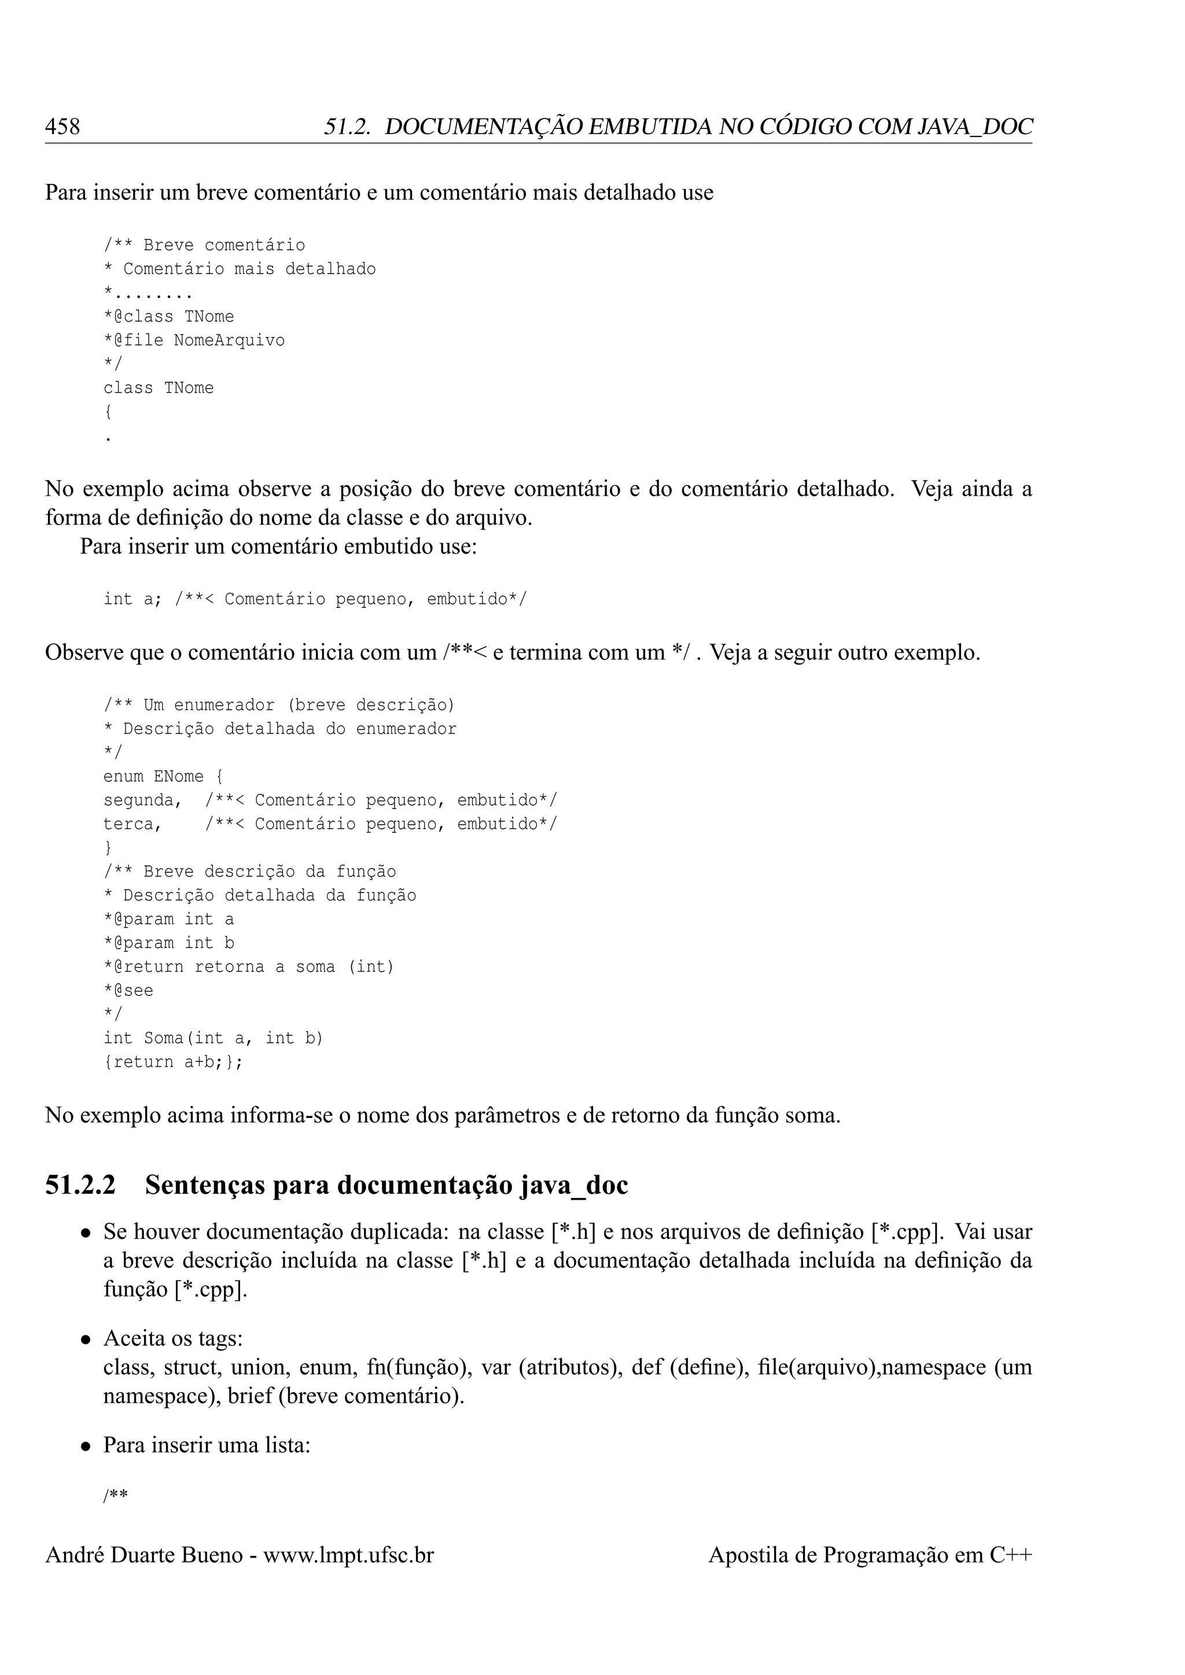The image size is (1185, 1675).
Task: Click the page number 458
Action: (62, 127)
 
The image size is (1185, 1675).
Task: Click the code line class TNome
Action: (159, 388)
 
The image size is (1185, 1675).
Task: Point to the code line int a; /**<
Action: (315, 600)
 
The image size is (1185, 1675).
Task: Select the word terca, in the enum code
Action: (132, 824)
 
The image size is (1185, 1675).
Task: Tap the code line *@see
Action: (128, 991)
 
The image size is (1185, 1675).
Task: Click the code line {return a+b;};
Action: (173, 1062)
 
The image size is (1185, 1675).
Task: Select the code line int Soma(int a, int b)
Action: (213, 1038)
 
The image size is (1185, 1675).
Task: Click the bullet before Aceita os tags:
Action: (86, 1340)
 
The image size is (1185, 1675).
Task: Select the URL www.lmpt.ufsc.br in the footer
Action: (348, 1555)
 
